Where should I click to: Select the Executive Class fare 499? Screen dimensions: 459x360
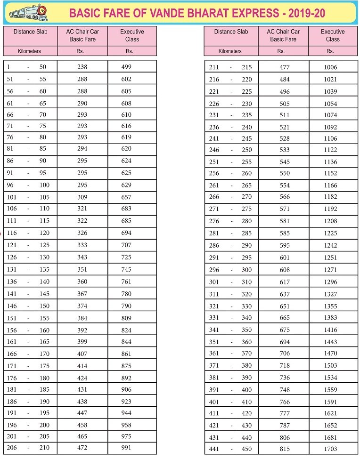(126, 67)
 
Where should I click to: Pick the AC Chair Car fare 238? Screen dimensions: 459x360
(82, 67)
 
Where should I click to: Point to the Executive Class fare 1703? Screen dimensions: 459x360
(330, 449)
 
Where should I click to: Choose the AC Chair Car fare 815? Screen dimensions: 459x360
(284, 449)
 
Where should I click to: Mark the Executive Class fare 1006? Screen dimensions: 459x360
(330, 67)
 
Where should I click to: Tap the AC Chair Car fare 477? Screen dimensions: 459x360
(284, 67)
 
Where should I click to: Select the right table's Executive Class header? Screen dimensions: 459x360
(332, 35)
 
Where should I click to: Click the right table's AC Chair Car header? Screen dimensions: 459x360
(283, 35)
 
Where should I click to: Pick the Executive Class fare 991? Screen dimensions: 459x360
(126, 448)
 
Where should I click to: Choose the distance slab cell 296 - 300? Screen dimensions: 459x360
(230, 270)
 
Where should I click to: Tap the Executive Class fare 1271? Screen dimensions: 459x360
(330, 270)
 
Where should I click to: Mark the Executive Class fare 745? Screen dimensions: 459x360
(126, 270)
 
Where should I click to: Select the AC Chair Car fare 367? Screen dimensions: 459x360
(82, 294)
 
